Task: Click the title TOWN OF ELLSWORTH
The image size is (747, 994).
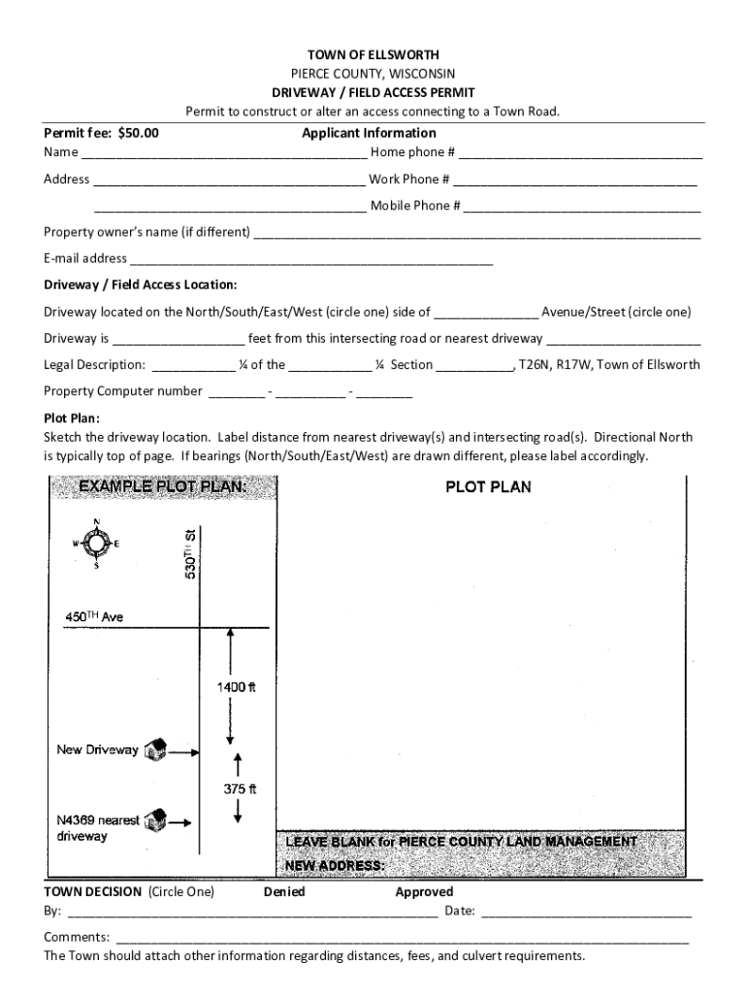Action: click(373, 55)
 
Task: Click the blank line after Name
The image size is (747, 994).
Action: click(223, 154)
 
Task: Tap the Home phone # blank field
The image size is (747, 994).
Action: click(580, 154)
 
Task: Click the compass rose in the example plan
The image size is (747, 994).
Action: click(96, 545)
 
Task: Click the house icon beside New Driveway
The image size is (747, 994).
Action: click(155, 750)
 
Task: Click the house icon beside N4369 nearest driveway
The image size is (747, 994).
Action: click(155, 821)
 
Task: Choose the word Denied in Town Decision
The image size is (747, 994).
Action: click(283, 892)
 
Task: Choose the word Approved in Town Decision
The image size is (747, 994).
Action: click(424, 892)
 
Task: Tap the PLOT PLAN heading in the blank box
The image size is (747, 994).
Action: click(488, 487)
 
